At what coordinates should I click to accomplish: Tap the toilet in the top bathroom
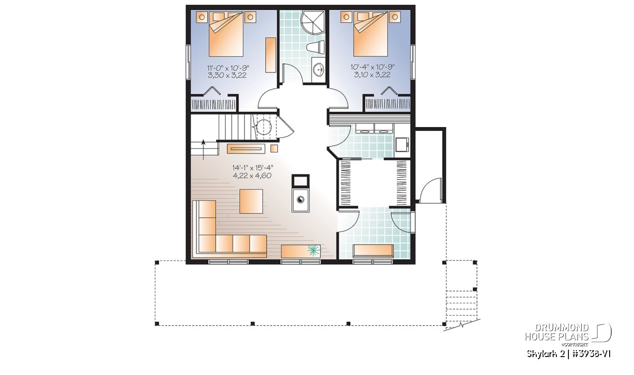[x=317, y=47]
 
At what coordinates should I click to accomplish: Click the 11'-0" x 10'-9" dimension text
[x=228, y=68]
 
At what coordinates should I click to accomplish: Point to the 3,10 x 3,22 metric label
[x=372, y=75]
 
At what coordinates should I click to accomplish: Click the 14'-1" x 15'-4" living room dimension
[x=253, y=168]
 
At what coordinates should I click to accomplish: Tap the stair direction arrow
[x=203, y=149]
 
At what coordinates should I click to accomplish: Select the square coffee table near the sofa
[x=251, y=201]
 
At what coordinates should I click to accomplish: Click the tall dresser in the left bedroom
[x=271, y=55]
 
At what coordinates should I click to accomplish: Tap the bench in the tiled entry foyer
[x=374, y=251]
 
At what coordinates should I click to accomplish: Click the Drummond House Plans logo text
[x=557, y=332]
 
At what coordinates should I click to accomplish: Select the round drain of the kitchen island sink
[x=300, y=200]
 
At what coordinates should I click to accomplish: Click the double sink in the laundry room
[x=375, y=129]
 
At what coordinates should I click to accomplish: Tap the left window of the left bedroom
[x=188, y=61]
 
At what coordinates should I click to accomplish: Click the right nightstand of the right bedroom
[x=395, y=17]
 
